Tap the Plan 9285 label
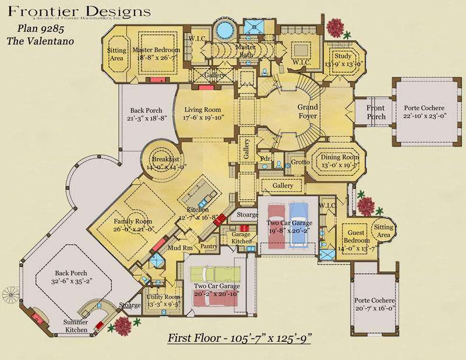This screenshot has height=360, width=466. (x=31, y=29)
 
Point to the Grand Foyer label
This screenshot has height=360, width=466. (x=308, y=111)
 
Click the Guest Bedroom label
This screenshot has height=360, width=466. (x=356, y=237)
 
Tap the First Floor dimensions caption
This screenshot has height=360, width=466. (x=239, y=338)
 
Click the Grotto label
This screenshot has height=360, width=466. (x=301, y=161)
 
